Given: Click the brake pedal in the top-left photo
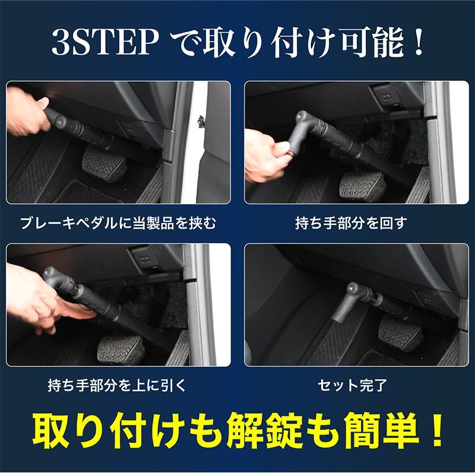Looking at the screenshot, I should tap(104, 163).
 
